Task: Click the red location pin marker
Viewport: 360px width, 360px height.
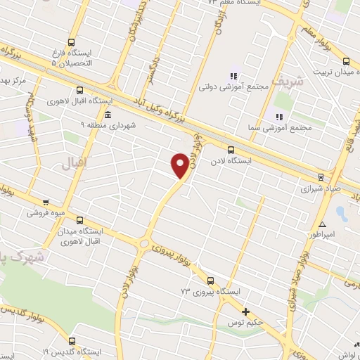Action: click(180, 165)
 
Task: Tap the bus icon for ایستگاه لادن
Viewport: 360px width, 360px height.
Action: click(231, 149)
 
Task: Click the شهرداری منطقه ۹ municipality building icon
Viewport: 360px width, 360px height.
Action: click(107, 115)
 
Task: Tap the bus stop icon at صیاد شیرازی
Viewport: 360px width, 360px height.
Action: click(321, 177)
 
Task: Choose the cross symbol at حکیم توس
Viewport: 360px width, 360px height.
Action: click(245, 311)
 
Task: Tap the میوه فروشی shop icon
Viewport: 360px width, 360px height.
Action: click(46, 202)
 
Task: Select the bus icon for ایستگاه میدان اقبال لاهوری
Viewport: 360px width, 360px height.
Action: click(79, 220)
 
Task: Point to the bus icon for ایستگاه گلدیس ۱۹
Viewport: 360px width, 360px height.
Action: click(71, 341)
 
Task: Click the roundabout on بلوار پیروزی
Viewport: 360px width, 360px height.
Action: click(144, 243)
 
